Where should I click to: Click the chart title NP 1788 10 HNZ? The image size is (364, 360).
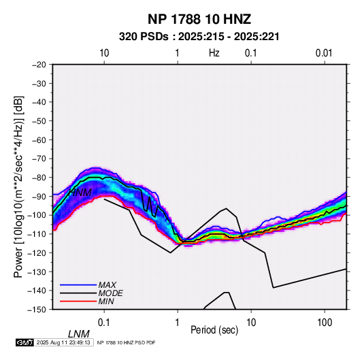click(199, 19)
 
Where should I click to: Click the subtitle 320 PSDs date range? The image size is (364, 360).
click(199, 37)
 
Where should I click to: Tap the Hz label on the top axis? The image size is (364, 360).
click(214, 53)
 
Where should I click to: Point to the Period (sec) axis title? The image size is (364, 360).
click(214, 330)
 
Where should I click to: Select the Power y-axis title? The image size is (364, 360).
click(18, 186)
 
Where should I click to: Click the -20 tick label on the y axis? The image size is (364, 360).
click(39, 65)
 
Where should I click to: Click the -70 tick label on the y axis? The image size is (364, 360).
click(39, 159)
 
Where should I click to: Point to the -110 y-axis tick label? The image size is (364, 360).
click(37, 234)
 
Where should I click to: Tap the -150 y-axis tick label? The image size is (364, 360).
click(37, 310)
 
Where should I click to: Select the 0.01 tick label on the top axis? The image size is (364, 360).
click(324, 53)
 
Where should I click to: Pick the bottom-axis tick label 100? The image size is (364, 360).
click(325, 323)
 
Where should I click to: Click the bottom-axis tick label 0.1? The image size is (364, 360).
click(103, 323)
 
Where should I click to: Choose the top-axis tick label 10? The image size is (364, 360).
click(104, 53)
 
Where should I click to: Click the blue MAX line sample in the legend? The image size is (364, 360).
click(78, 285)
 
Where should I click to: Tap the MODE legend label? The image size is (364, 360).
click(110, 293)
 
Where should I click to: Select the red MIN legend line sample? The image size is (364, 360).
click(78, 301)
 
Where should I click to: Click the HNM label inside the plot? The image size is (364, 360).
click(80, 193)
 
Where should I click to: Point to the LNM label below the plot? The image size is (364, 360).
click(79, 334)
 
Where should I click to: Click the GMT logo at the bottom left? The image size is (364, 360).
click(25, 342)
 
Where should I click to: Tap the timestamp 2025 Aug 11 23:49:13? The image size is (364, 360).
click(63, 342)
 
